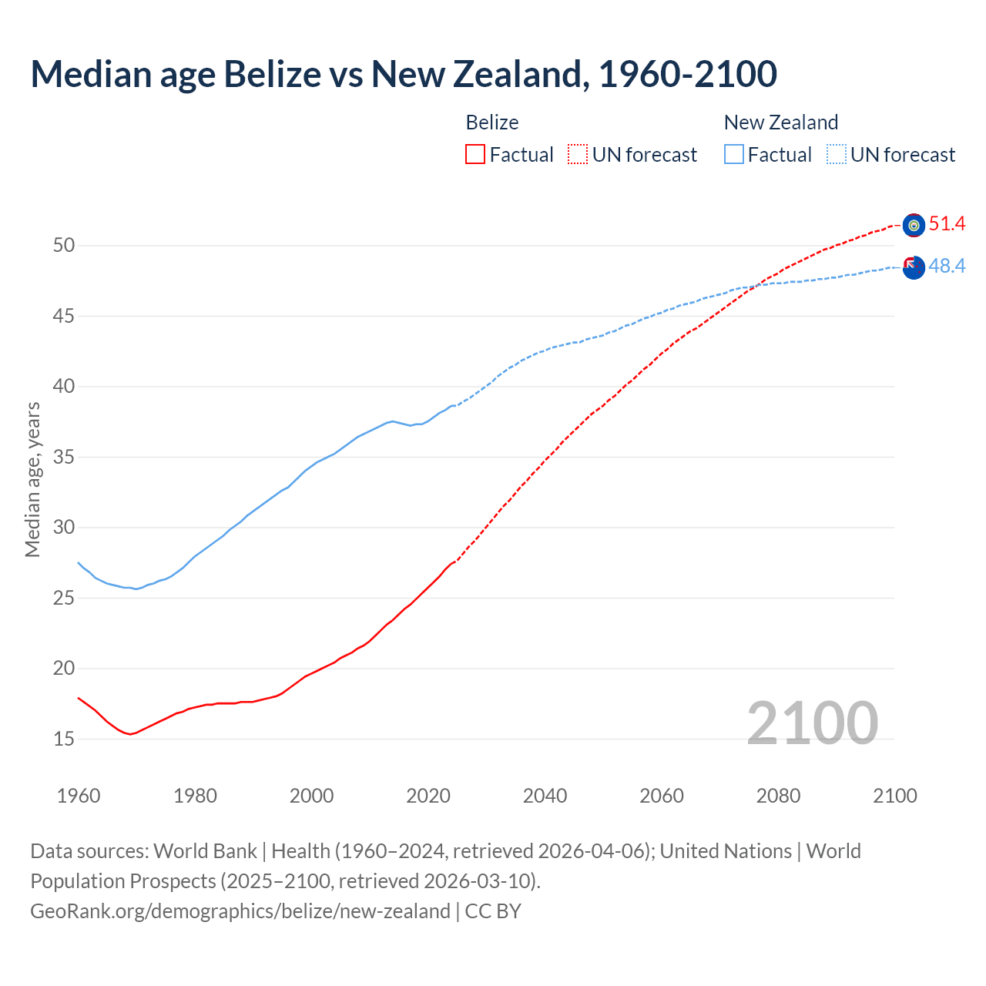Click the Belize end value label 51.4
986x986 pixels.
(x=947, y=224)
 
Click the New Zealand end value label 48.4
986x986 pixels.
(x=947, y=267)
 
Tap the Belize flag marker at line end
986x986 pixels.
(x=914, y=225)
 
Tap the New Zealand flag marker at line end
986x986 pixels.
(x=914, y=268)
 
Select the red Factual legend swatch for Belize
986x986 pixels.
(x=475, y=155)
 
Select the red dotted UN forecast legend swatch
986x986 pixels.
(x=578, y=155)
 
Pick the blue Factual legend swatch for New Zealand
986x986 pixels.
(x=734, y=155)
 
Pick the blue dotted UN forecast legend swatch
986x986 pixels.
(x=836, y=155)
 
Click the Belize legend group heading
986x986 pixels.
(x=492, y=122)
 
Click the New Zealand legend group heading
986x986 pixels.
(x=780, y=122)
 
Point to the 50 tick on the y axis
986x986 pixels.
(x=64, y=246)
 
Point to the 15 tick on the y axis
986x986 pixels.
(x=64, y=739)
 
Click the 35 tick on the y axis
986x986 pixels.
(x=64, y=458)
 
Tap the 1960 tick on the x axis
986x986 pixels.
(x=79, y=796)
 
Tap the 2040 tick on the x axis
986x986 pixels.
(x=545, y=796)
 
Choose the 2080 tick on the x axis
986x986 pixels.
(x=778, y=796)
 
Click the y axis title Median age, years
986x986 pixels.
(x=32, y=479)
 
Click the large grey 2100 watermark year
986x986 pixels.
(x=812, y=723)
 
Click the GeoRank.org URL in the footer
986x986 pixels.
(x=240, y=911)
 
